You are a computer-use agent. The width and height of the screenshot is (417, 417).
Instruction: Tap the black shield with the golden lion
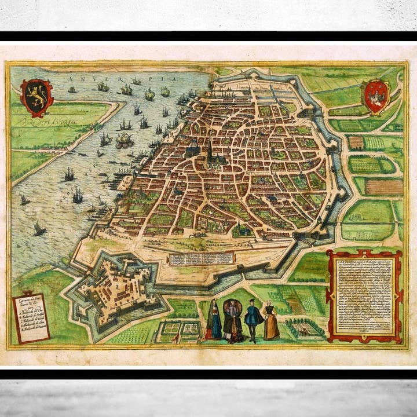[36, 97]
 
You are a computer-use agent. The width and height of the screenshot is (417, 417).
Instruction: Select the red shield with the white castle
[375, 95]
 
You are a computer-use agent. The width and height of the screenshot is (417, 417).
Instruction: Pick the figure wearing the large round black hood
[232, 319]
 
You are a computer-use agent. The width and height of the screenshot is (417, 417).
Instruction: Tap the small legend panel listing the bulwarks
[32, 318]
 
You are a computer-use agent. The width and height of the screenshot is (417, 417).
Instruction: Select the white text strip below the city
[201, 258]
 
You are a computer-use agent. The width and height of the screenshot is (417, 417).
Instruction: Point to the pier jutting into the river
[125, 182]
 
